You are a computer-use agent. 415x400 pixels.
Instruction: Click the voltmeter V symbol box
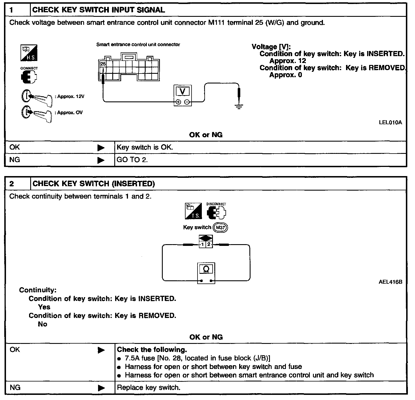tap(183, 91)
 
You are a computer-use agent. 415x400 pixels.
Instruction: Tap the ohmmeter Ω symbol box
tap(206, 269)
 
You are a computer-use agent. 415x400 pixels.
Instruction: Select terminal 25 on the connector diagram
tap(103, 64)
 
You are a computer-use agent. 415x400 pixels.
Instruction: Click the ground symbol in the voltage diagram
tap(239, 107)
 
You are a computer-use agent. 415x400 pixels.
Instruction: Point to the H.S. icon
tap(29, 53)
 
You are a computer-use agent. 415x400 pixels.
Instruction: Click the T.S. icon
tap(193, 211)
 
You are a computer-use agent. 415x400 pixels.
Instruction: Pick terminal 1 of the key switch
tap(202, 244)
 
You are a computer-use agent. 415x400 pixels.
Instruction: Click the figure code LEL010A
tap(390, 123)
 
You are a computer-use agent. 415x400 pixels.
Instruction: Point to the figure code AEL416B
tap(390, 282)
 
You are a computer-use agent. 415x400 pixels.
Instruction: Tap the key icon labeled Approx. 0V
tap(37, 113)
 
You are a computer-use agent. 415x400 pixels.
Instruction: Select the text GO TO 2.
tap(132, 160)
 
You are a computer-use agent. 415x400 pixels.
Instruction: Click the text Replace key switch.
tap(148, 387)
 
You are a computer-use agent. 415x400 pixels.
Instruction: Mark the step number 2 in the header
tap(12, 183)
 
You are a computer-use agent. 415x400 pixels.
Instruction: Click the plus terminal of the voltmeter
tap(178, 102)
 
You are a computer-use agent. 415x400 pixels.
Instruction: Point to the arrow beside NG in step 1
tap(101, 160)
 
